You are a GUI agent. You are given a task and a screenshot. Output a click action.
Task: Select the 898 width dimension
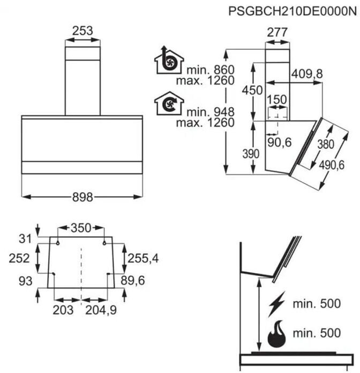82,197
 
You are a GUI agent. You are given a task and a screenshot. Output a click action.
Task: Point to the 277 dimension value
277,33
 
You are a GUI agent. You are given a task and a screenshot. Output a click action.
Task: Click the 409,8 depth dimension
307,74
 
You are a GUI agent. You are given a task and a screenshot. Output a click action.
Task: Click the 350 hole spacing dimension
81,228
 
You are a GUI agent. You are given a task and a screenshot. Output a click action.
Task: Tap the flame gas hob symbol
277,333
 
